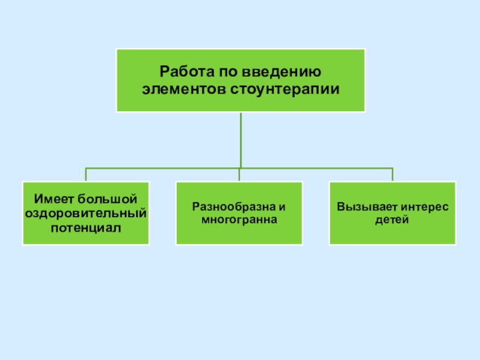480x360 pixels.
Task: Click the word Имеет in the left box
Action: click(x=51, y=199)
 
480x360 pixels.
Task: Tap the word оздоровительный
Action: click(x=85, y=213)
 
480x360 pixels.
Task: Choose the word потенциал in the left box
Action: click(x=85, y=227)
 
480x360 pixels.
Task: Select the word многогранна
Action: click(x=239, y=220)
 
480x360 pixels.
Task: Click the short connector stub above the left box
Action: click(x=86, y=175)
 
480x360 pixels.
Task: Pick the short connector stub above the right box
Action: click(x=392, y=175)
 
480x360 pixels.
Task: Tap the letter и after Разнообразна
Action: click(x=282, y=206)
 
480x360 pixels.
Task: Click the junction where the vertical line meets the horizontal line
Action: click(x=240, y=167)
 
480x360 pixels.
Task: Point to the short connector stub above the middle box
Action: click(x=239, y=175)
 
